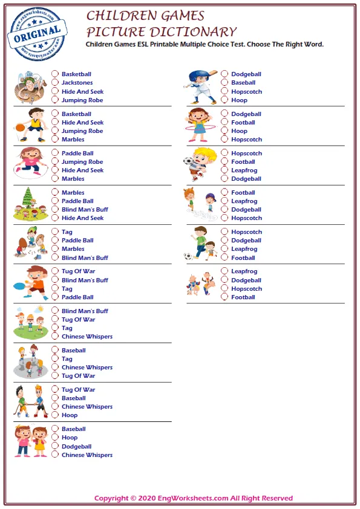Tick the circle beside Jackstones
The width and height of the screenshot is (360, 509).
click(x=55, y=83)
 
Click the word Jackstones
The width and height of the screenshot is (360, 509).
click(x=77, y=83)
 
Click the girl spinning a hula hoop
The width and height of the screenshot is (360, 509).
click(x=197, y=125)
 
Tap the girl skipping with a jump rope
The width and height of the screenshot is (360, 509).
click(x=30, y=163)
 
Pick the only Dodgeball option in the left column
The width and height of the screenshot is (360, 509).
click(x=55, y=446)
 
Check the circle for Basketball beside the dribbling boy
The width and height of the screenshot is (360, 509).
click(x=55, y=114)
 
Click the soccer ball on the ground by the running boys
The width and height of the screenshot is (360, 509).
click(x=188, y=256)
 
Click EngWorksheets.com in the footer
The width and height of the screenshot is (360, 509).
click(x=195, y=499)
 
